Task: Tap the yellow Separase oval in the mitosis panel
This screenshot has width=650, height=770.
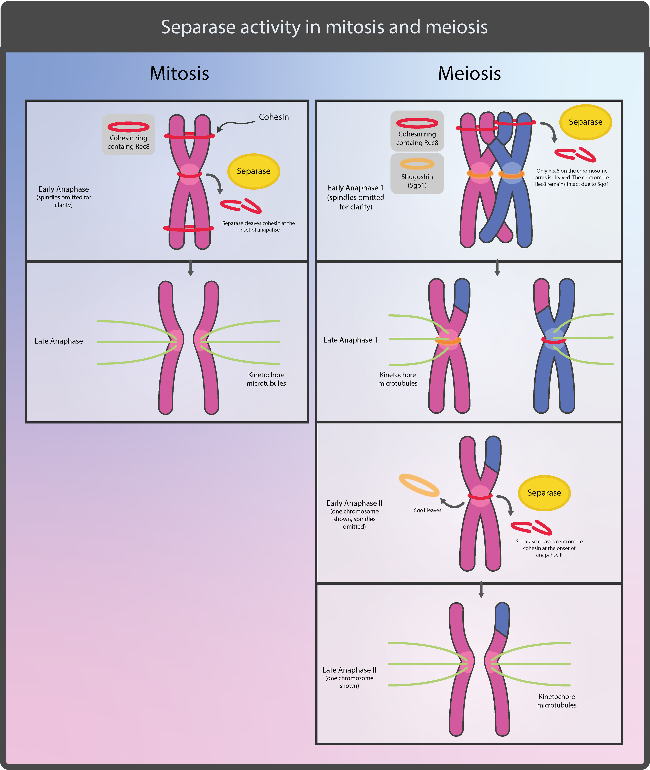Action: [254, 171]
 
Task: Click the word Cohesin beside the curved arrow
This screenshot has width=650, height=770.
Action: [274, 117]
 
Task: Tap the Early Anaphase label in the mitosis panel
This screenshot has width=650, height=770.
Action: [64, 189]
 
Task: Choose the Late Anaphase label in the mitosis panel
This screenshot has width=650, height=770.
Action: [59, 341]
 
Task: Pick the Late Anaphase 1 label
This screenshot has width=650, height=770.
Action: [350, 340]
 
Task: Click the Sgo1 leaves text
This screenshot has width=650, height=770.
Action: [427, 510]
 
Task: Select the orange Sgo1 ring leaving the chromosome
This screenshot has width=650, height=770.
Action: [419, 485]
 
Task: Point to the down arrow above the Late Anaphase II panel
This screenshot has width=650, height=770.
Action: [481, 590]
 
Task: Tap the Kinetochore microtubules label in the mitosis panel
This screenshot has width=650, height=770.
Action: [266, 379]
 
